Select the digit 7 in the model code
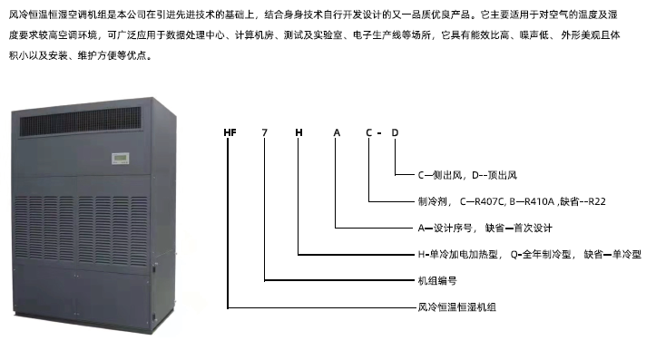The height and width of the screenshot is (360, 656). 264,134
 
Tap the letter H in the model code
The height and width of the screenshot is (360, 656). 299,134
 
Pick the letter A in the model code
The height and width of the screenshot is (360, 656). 337,134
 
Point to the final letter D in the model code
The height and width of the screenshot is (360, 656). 396,134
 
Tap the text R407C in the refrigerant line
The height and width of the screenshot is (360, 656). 481,202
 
